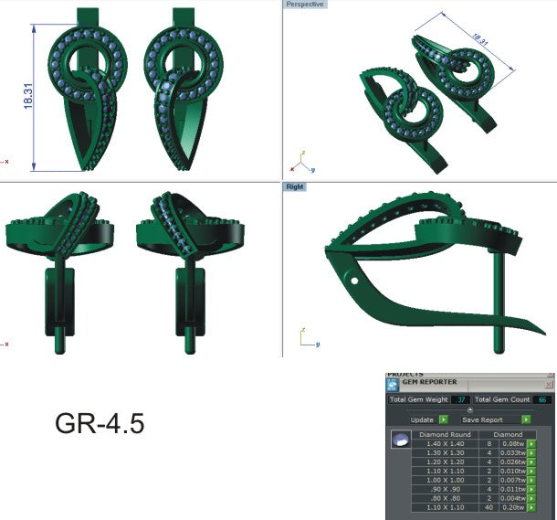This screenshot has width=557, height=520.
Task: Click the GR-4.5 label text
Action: [100, 424]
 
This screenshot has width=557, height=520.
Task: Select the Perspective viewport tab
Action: [305, 5]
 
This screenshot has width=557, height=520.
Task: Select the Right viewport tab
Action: [295, 186]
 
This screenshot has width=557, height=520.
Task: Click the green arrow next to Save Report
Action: [526, 419]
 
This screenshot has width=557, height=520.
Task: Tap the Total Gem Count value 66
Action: [542, 400]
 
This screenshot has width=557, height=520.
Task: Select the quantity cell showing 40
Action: [489, 506]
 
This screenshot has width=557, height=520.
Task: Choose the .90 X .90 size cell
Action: [445, 488]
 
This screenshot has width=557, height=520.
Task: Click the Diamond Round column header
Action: [445, 433]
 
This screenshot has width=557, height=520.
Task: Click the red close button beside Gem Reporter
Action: [550, 385]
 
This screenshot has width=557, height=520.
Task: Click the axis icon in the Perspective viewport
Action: [301, 162]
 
